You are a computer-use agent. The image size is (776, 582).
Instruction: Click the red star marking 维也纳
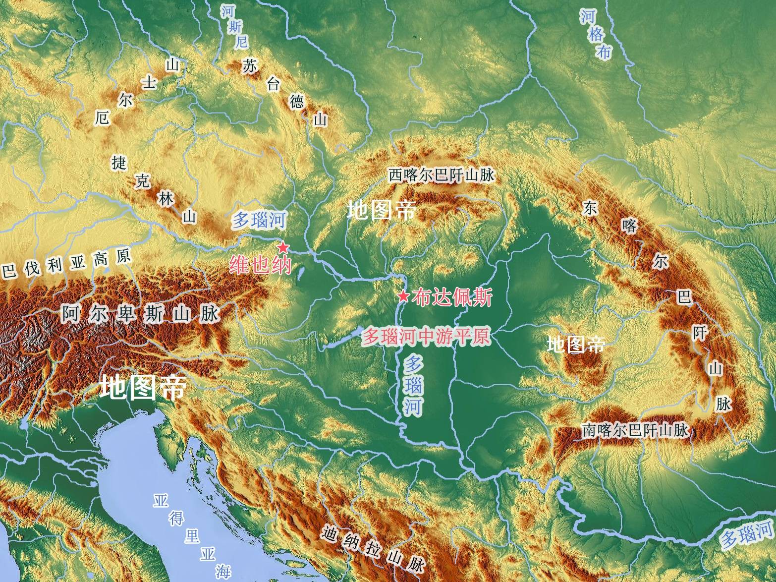(282, 247)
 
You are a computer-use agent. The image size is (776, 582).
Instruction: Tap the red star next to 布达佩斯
(403, 296)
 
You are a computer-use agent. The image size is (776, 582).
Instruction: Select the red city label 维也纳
(260, 266)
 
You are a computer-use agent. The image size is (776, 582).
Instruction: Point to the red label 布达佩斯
(451, 297)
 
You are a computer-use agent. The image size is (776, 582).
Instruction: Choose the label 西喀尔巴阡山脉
(441, 175)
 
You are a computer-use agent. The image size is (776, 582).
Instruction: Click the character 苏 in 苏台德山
(249, 66)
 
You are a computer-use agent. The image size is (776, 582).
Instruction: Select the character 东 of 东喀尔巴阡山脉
(590, 208)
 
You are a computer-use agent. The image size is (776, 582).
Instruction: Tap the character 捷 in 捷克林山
(119, 162)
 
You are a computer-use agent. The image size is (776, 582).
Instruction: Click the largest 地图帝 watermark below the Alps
(143, 387)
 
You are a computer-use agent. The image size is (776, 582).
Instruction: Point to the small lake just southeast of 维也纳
(301, 273)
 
